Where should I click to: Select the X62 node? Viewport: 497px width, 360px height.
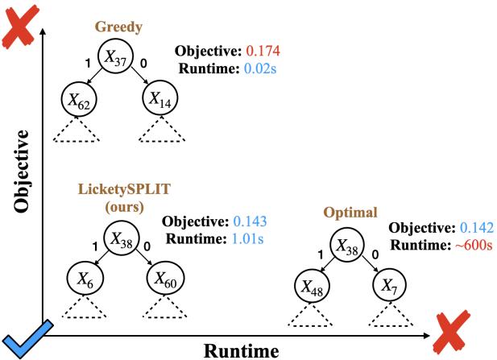coord(77,101)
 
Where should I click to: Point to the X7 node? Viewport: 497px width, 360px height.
coord(390,285)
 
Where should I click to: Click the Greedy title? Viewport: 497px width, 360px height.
coord(118,26)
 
